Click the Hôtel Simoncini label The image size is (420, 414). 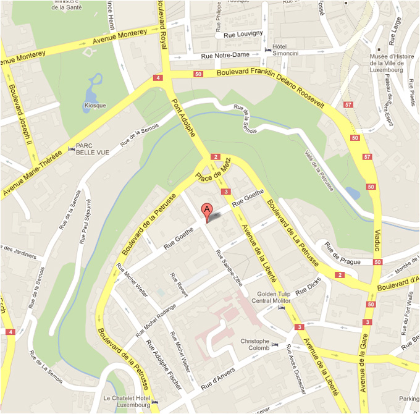pyautogui.click(x=285, y=50)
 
